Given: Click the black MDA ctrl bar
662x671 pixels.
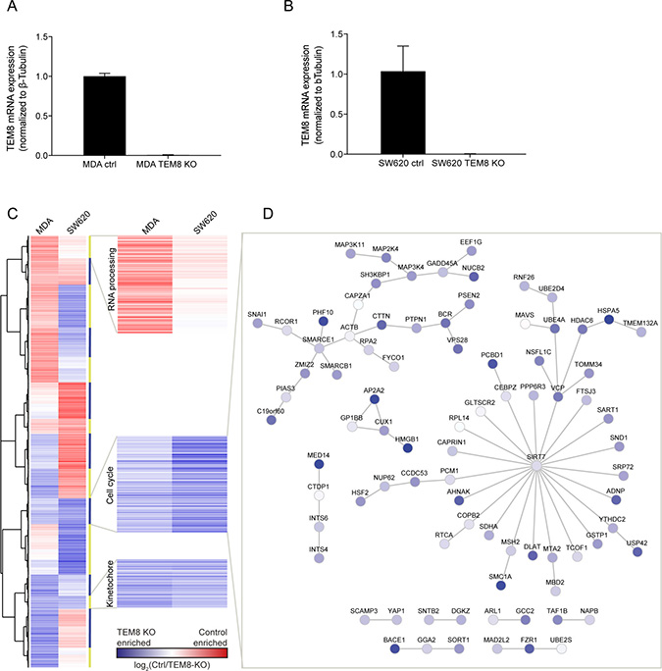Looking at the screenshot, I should (x=104, y=116).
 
